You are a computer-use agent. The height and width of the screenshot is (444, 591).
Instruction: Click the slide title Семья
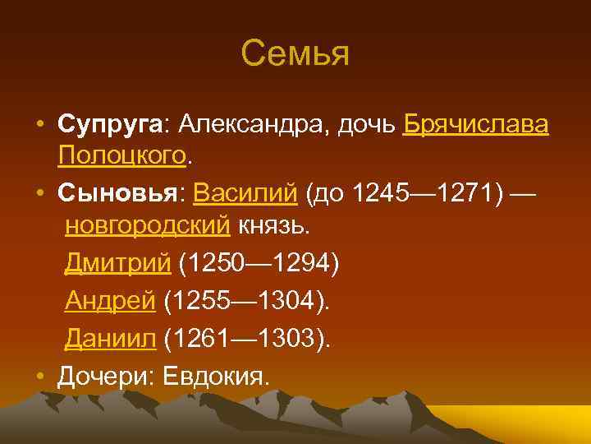(295, 54)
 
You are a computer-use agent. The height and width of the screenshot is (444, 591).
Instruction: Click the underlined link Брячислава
(476, 125)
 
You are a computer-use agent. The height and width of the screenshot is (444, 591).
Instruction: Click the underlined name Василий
(245, 194)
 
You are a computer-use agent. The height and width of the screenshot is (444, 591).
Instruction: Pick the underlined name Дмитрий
(117, 263)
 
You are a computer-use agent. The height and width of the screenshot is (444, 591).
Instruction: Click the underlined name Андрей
(110, 301)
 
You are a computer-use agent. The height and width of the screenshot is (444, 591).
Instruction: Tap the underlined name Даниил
(110, 339)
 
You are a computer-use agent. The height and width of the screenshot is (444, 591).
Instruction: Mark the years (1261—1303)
(246, 339)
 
